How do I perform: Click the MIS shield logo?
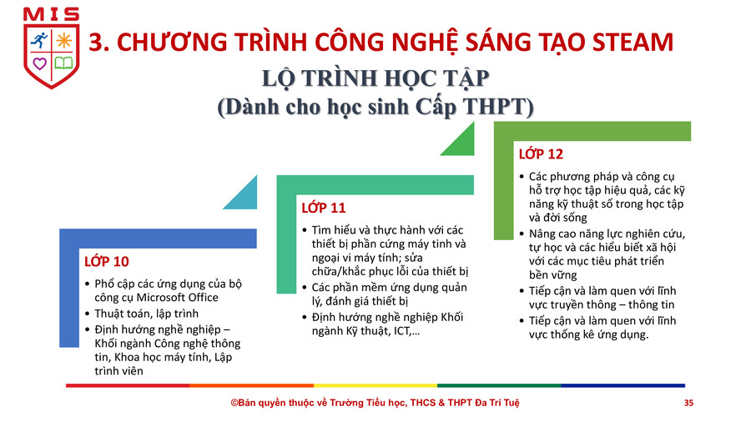coord(51,48)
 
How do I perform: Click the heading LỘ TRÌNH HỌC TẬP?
coord(375,78)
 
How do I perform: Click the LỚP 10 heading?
coord(107,261)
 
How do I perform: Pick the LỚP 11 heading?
coord(323,208)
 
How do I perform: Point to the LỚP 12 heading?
coord(541,154)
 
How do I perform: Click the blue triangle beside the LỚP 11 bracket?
coord(244,196)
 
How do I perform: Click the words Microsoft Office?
coord(177,298)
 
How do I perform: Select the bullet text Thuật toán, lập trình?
coord(147,314)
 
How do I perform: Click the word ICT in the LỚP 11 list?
coord(402,331)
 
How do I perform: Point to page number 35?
coord(688,403)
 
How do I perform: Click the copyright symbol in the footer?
coord(234,403)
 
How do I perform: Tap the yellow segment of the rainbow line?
coord(375,385)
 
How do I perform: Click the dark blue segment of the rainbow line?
coord(623,385)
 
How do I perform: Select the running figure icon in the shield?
coord(39,41)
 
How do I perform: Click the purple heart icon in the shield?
coord(40,63)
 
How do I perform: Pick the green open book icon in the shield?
coord(63,63)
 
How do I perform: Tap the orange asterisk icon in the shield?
coord(63,41)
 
